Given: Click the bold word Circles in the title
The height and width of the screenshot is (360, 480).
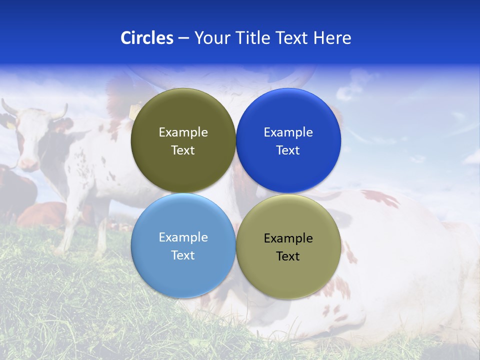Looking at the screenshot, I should click(146, 38).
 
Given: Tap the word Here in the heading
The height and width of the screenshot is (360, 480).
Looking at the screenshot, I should click(332, 38).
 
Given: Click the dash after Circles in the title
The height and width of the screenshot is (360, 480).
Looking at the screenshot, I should click(183, 38).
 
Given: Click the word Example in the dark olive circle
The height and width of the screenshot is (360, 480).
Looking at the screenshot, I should click(183, 132).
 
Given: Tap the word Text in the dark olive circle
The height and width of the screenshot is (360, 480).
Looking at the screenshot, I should click(183, 150).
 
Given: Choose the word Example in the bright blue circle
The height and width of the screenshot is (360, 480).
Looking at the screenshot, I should click(288, 132).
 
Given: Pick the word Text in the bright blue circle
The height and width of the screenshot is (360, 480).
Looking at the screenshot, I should click(288, 150).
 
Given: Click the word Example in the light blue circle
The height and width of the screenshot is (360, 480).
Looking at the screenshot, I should click(183, 237).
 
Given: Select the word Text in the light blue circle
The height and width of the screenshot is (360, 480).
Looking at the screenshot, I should click(183, 255).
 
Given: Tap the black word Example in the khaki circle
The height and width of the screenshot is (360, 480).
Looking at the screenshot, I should click(288, 238).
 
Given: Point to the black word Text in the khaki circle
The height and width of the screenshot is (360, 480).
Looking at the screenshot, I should click(288, 256).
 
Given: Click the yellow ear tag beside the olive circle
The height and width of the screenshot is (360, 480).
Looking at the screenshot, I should click(134, 110).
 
